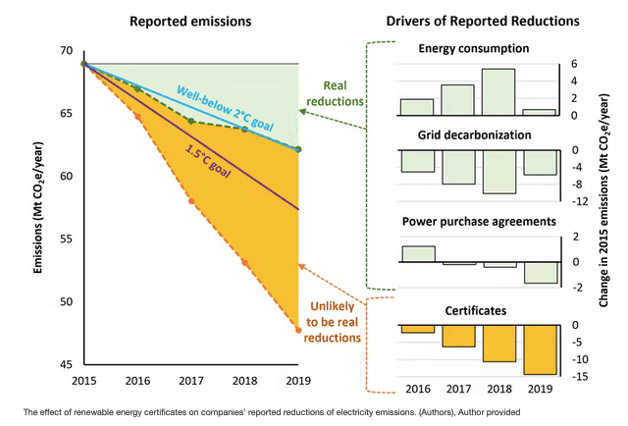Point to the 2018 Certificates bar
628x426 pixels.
pyautogui.click(x=498, y=343)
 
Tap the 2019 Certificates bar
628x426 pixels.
pyautogui.click(x=540, y=349)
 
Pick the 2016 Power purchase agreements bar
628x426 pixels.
pyautogui.click(x=417, y=253)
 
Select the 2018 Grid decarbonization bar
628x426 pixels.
pyautogui.click(x=498, y=171)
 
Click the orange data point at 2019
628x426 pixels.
pyautogui.click(x=298, y=330)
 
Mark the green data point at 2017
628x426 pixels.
pyautogui.click(x=191, y=122)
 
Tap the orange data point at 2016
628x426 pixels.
pyautogui.click(x=137, y=117)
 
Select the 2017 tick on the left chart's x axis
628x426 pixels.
pyautogui.click(x=191, y=381)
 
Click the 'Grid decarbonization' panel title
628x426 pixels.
pyautogui.click(x=474, y=133)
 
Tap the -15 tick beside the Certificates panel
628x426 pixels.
pyautogui.click(x=581, y=376)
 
